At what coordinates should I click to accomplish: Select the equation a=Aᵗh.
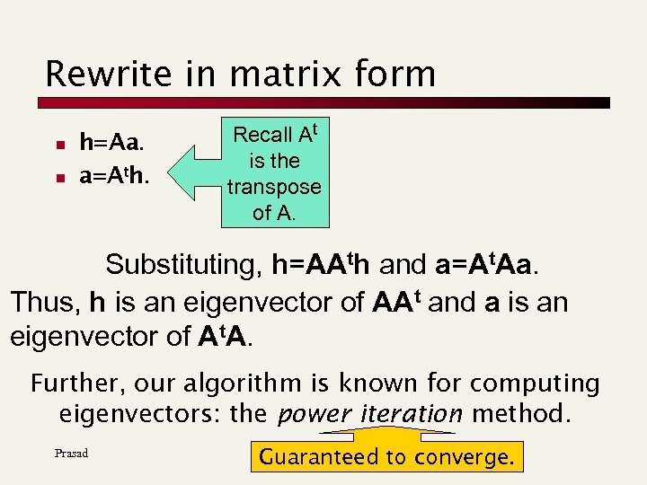pos(114,176)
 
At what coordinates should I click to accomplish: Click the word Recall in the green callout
pos(262,136)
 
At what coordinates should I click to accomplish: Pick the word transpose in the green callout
pos(274,187)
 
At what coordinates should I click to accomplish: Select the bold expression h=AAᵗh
pos(323,265)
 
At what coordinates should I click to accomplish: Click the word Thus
pos(44,301)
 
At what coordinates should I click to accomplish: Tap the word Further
pos(78,384)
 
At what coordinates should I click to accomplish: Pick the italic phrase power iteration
pos(370,414)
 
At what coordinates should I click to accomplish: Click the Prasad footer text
pos(71,453)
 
